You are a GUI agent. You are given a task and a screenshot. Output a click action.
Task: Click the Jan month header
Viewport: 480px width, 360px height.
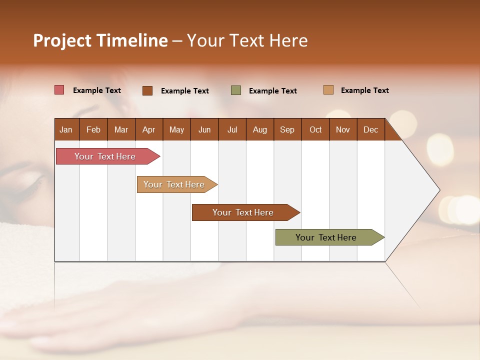(x=66, y=129)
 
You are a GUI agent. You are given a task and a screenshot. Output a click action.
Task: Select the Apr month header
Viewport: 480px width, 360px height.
(x=148, y=129)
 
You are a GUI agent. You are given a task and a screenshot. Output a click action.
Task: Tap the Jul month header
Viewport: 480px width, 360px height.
(x=232, y=129)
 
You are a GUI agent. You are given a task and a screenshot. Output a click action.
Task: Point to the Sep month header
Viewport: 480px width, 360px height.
(x=287, y=129)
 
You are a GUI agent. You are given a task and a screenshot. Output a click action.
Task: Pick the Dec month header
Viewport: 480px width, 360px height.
(x=370, y=129)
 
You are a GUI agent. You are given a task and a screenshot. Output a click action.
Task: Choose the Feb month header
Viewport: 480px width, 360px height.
(x=93, y=129)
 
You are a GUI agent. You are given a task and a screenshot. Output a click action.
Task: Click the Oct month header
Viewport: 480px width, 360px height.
(x=315, y=129)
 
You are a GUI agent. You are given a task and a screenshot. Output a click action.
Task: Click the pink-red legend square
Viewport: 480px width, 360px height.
(x=59, y=90)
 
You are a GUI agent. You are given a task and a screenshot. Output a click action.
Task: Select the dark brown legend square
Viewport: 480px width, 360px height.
(x=147, y=90)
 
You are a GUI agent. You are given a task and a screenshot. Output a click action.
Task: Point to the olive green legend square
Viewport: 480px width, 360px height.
(x=236, y=90)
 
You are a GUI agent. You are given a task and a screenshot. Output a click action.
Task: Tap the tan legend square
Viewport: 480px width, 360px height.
(x=328, y=90)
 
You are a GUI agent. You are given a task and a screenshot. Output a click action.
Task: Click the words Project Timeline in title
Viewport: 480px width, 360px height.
(x=100, y=40)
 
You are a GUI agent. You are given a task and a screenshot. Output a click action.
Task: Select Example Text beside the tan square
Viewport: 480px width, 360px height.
(x=364, y=90)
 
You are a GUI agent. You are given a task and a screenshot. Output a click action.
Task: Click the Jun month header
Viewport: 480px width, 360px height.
(x=204, y=129)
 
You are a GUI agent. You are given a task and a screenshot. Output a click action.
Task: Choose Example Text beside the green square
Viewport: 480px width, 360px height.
(x=272, y=91)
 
